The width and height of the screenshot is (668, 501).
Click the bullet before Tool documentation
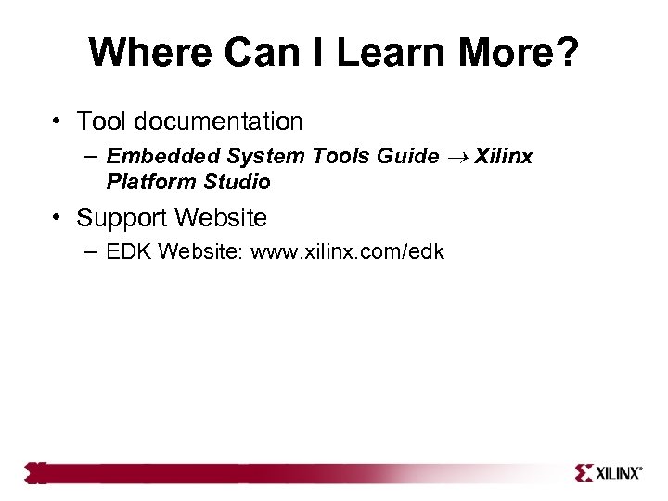[x=58, y=122]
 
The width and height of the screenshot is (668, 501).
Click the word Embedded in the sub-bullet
[x=153, y=156]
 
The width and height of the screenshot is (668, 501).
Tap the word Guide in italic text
[x=408, y=156]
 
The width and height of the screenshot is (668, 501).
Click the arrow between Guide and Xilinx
[x=456, y=156]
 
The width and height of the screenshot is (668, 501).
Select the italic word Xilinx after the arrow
[x=504, y=156]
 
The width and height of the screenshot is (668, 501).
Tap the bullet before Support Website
[x=58, y=218]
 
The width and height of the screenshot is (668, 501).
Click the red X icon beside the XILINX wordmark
[x=584, y=473]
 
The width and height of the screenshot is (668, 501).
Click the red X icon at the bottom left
[x=35, y=473]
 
